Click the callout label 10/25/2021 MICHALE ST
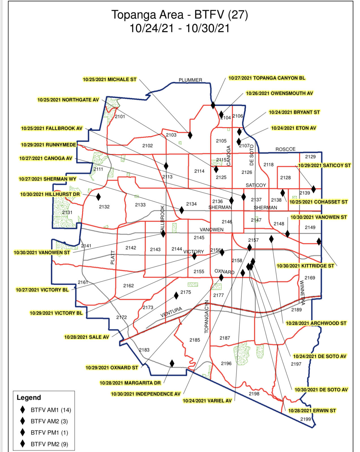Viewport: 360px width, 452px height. [110, 79]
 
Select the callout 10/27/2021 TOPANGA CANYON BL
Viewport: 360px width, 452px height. [267, 78]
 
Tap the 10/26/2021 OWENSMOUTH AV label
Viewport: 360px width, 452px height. [279, 93]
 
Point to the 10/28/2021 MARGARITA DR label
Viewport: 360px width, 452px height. [130, 383]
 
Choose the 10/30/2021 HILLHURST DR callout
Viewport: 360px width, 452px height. [50, 194]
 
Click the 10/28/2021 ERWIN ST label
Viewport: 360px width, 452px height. [312, 411]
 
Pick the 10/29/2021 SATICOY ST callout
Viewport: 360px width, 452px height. [324, 165]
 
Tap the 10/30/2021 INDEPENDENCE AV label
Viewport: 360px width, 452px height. [145, 394]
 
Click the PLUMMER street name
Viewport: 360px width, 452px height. [190, 80]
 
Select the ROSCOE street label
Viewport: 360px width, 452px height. [285, 149]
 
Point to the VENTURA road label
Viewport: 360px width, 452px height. [171, 312]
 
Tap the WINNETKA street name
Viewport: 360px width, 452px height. [302, 293]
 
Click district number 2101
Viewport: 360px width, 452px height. [120, 117]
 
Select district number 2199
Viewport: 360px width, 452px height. [305, 419]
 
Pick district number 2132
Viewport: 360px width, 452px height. [104, 207]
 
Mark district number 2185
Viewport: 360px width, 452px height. [195, 340]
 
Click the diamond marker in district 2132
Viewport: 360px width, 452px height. [98, 197]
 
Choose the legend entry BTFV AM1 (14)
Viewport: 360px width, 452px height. [51, 410]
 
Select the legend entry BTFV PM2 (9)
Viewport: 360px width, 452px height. [49, 444]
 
